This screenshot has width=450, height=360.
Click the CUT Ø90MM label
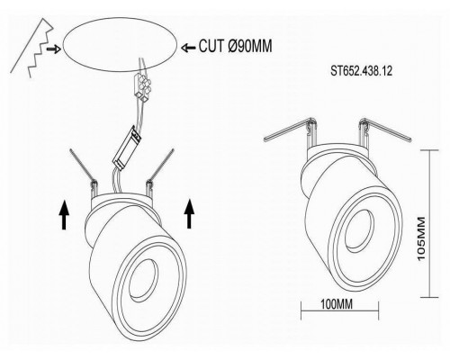[236, 46]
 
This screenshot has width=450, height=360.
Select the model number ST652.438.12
[362, 71]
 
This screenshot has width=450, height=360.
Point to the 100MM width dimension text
[337, 304]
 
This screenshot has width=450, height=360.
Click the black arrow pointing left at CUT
[188, 48]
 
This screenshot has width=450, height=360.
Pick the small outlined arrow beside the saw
[54, 49]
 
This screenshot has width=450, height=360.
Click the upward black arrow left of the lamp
[64, 215]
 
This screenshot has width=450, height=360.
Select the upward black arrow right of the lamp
[189, 213]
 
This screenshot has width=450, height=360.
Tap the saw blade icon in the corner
[32, 48]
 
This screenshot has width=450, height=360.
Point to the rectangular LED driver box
[127, 148]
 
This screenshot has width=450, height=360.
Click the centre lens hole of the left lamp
[143, 280]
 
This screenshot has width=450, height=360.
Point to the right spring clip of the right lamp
[386, 129]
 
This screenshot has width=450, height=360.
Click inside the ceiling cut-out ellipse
[120, 44]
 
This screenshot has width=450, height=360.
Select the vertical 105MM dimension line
[430, 223]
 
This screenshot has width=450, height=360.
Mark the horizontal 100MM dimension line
[340, 310]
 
